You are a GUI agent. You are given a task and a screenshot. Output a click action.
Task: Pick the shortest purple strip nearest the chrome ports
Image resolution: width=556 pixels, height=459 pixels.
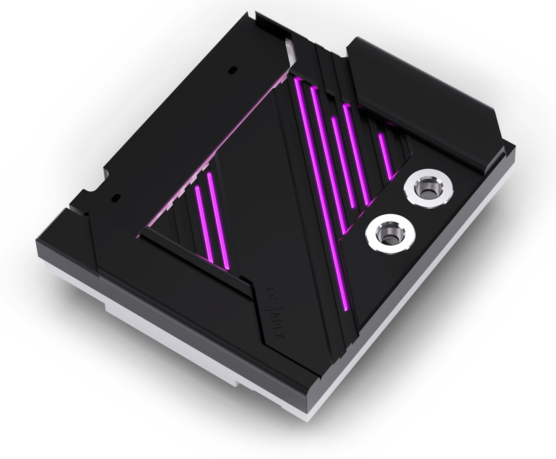click(x=386, y=155)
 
